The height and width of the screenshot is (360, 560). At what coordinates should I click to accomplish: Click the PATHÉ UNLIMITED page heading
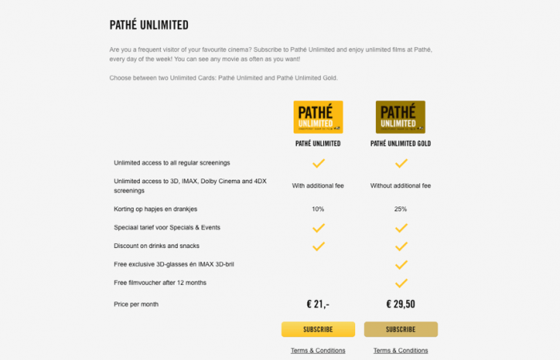149,26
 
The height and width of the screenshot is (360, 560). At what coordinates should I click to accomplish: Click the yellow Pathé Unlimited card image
318,117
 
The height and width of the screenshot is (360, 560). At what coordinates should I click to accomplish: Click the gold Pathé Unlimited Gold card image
401,117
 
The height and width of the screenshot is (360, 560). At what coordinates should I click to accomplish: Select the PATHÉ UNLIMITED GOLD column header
401,143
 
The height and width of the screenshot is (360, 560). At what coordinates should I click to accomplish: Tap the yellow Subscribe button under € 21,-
318,330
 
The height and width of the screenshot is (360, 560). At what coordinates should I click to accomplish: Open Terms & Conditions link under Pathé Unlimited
318,350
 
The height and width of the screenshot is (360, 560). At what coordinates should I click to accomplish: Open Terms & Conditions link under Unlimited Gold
401,350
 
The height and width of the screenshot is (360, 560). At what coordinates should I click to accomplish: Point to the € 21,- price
318,304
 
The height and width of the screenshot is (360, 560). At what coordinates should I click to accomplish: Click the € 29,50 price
401,304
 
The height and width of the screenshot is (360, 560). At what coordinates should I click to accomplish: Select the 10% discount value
318,209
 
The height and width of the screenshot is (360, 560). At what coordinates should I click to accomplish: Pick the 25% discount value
401,209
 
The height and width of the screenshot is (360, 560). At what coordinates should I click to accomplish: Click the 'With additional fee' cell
318,186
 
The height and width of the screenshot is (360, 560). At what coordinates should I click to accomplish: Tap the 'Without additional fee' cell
401,186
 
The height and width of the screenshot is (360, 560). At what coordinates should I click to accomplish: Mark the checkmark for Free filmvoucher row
401,283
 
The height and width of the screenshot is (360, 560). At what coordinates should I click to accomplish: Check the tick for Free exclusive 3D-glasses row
401,265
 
